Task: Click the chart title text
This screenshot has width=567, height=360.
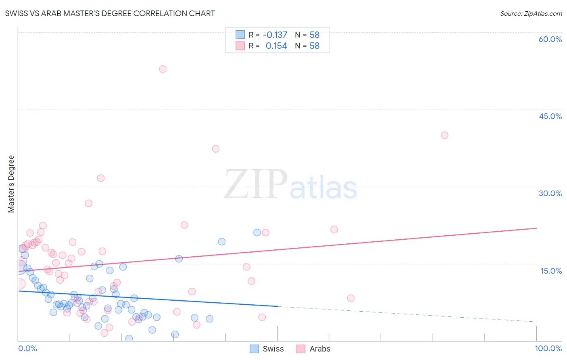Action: point(110,13)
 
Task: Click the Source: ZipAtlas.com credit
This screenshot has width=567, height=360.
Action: point(531,13)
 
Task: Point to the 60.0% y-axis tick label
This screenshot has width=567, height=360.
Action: point(550,39)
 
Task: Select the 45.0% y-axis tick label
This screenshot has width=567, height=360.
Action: point(550,116)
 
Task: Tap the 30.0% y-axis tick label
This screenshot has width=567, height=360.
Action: point(550,193)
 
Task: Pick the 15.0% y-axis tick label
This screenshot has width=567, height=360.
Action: point(551,271)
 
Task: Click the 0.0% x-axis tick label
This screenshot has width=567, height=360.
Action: point(27,348)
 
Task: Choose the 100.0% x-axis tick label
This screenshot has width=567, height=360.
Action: point(548,348)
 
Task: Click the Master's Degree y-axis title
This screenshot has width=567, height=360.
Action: point(11,184)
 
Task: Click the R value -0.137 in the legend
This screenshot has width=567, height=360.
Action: point(275,35)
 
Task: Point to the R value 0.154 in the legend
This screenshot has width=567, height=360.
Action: point(276,46)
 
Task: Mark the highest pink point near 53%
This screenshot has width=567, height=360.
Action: point(163,69)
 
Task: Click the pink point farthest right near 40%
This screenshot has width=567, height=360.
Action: point(444,135)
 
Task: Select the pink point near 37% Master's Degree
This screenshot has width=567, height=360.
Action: point(216,149)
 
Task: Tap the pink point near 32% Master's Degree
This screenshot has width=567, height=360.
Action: point(101,178)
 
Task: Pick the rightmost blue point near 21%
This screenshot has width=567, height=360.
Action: point(257,232)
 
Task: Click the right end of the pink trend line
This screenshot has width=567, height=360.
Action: point(537,228)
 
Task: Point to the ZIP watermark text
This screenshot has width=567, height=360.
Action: point(256,184)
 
